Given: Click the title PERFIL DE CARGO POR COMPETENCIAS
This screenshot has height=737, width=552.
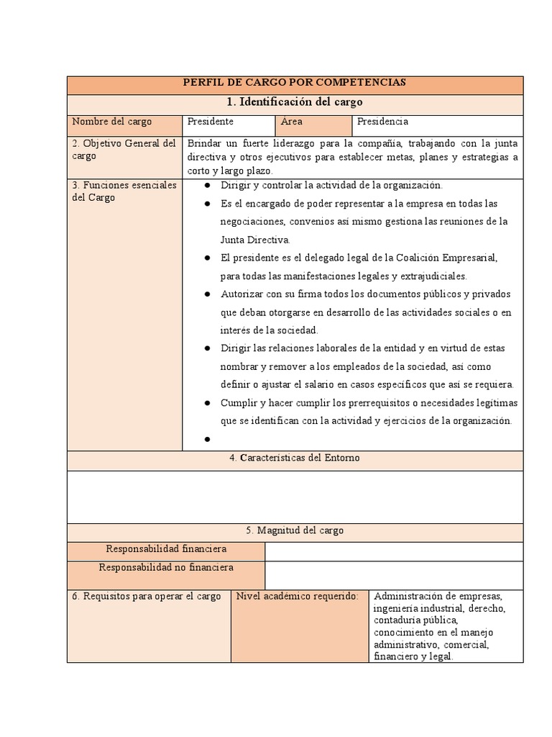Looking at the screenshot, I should pos(295,83).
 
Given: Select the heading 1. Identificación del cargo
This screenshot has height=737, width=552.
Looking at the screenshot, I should pos(295,101).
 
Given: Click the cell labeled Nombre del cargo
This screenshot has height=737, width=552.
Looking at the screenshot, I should pos(111,122).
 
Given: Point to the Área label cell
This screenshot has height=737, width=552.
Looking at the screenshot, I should pos(292,122).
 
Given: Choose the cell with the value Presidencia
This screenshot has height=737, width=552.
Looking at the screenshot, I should pos(382,122).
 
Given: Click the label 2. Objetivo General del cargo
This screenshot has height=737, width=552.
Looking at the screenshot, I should pos(124,150).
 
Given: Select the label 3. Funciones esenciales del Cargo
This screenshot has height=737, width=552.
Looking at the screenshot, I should pos(124,191).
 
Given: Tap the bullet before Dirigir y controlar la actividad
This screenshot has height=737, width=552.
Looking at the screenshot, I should pos(206,186).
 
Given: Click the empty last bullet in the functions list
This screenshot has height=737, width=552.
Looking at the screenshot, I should pos(206,439).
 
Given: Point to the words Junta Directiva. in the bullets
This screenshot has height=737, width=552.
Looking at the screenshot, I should pos(255,240).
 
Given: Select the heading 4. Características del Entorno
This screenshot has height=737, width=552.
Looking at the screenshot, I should pos(295,458).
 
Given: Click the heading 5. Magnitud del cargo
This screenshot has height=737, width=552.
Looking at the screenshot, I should pos(295,530).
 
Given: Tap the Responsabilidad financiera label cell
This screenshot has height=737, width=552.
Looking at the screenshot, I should pos(166,549).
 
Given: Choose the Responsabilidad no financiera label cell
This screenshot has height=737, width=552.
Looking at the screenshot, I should pos(166,568).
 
